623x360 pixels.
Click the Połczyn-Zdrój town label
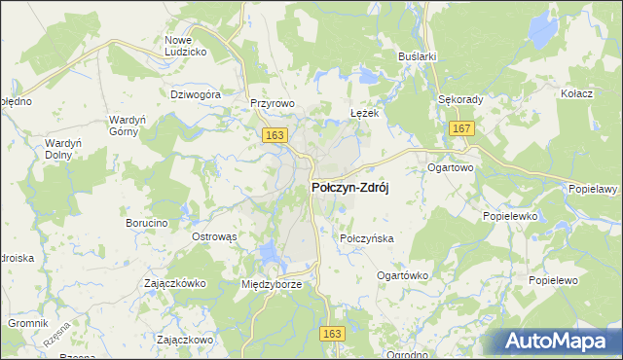pyautogui.click(x=349, y=189)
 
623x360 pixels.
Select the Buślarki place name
pyautogui.click(x=417, y=57)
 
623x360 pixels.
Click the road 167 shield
pyautogui.click(x=461, y=128)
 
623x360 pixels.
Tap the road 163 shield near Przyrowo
pyautogui.click(x=274, y=136)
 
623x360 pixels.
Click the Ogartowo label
pyautogui.click(x=450, y=167)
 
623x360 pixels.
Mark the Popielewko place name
pyautogui.click(x=510, y=217)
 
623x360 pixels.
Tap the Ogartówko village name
pyautogui.click(x=402, y=275)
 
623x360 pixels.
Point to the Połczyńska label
pyautogui.click(x=365, y=238)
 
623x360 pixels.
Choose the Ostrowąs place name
pyautogui.click(x=214, y=237)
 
